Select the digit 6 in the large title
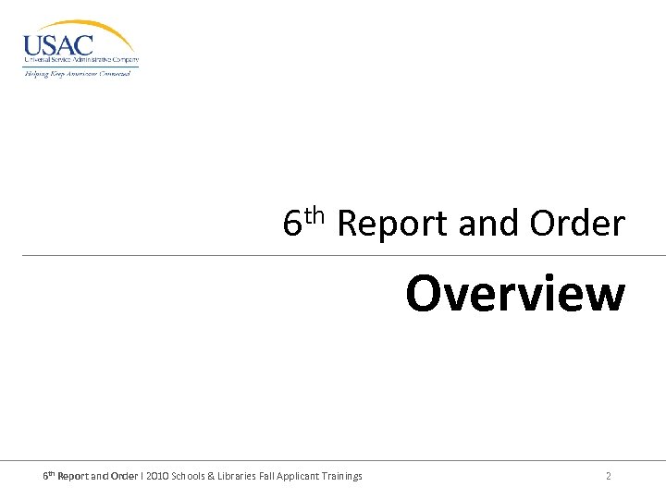(x=292, y=225)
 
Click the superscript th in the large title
(x=314, y=215)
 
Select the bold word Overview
(x=515, y=294)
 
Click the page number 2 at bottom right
(x=608, y=476)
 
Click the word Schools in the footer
(x=193, y=476)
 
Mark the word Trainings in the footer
(x=342, y=476)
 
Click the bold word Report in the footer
(x=73, y=476)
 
